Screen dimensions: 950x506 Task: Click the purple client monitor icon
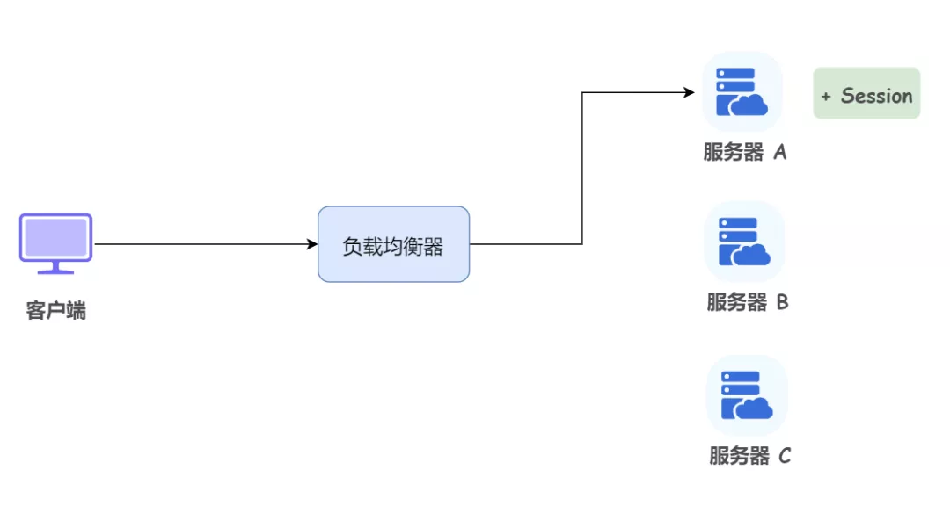point(55,243)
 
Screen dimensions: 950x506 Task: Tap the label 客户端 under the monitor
point(55,310)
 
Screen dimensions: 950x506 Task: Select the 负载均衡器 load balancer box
point(394,244)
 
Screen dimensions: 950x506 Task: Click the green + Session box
point(866,93)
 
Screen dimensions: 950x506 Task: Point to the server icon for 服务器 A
point(742,92)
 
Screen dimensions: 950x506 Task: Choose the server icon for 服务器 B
point(744,242)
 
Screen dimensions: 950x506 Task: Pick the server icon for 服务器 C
point(747,396)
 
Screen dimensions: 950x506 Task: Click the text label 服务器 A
point(745,152)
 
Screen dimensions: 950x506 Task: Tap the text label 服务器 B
point(748,302)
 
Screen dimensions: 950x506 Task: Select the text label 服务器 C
point(750,456)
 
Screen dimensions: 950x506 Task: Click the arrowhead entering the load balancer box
point(312,244)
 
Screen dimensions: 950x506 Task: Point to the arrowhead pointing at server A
point(689,92)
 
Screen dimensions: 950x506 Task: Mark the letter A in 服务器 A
point(779,152)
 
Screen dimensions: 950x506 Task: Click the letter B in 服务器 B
point(782,302)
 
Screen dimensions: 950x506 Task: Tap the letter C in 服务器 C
point(785,456)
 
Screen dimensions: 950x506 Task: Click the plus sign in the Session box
point(826,97)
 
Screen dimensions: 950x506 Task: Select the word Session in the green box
point(877,96)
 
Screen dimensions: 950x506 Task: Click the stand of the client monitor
point(55,268)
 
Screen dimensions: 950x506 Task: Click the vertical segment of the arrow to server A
point(582,169)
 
